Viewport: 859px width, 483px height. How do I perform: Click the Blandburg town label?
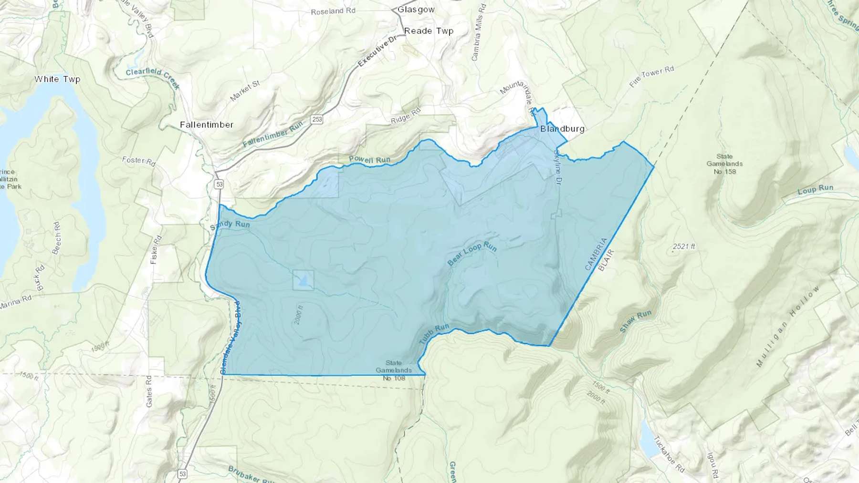click(x=562, y=129)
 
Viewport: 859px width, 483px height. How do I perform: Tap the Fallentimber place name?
click(x=207, y=125)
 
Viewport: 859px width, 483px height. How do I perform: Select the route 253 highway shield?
click(x=317, y=119)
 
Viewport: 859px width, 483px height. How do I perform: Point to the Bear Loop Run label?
click(x=472, y=254)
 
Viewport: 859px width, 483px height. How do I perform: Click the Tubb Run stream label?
click(x=434, y=334)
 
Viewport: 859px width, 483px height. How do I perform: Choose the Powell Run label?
click(x=369, y=160)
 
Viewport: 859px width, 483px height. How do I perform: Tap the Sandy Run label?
click(x=230, y=224)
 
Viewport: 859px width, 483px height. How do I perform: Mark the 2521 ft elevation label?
click(x=684, y=247)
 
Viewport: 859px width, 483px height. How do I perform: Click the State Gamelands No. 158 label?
click(x=724, y=164)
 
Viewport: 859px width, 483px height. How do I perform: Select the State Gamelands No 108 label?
click(x=394, y=370)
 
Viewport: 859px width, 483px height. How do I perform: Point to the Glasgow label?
click(x=416, y=10)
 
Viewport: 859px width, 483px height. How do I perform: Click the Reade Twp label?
click(x=429, y=31)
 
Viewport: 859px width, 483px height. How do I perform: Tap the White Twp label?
click(x=57, y=79)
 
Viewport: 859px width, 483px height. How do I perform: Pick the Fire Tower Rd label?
click(x=651, y=77)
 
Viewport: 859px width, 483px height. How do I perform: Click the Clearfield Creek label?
click(x=153, y=78)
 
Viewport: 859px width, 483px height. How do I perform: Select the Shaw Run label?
click(x=636, y=321)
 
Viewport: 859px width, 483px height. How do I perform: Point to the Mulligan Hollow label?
click(x=788, y=326)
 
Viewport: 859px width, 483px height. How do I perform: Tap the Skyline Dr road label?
click(x=557, y=167)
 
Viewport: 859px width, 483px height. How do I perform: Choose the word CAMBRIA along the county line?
click(x=596, y=254)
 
